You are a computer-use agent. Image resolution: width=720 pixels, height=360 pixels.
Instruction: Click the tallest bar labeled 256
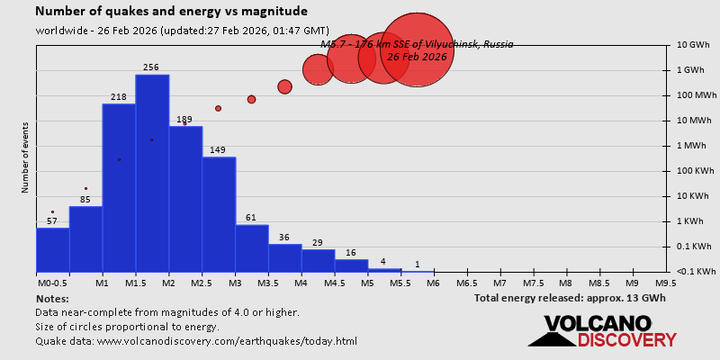pyautogui.click(x=152, y=171)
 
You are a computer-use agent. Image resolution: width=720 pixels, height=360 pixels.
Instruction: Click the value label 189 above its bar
pyautogui.click(x=184, y=120)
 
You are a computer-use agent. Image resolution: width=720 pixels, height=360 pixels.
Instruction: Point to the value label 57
pyautogui.click(x=52, y=220)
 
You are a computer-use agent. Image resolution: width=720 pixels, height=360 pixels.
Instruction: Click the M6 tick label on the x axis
pyautogui.click(x=433, y=283)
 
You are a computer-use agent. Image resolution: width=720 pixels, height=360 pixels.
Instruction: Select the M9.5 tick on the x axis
pyautogui.click(x=666, y=283)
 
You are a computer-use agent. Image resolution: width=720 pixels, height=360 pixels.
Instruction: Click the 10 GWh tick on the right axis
pyautogui.click(x=693, y=45)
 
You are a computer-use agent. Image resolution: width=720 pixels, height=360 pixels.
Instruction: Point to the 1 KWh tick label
pyautogui.click(x=691, y=221)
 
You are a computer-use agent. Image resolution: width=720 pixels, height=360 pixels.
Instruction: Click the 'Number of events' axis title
pyautogui.click(x=25, y=161)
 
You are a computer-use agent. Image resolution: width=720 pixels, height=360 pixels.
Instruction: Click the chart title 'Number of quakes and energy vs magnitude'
pyautogui.click(x=171, y=12)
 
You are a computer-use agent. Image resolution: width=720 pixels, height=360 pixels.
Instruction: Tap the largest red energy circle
pyautogui.click(x=417, y=50)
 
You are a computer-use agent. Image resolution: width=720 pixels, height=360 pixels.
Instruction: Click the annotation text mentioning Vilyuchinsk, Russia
pyautogui.click(x=417, y=44)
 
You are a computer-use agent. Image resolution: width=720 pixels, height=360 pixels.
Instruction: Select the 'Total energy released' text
pyautogui.click(x=570, y=298)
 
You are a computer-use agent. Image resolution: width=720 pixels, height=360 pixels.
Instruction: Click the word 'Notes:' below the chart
pyautogui.click(x=52, y=298)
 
